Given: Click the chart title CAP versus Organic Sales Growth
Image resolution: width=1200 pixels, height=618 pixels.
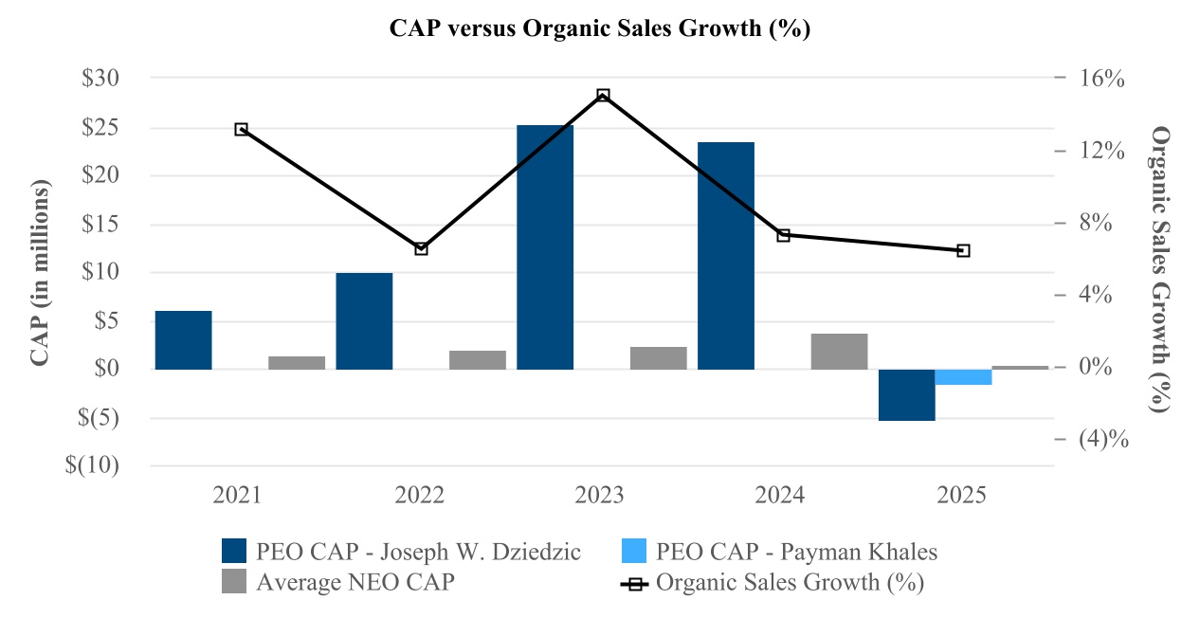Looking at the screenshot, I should pos(600,28).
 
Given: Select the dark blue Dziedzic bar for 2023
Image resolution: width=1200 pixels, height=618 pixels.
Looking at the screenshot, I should pos(545,246).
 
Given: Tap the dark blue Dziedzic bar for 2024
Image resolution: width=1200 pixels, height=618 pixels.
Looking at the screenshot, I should pos(726,255).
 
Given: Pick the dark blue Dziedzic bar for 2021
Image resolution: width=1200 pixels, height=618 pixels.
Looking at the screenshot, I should pos(183,339).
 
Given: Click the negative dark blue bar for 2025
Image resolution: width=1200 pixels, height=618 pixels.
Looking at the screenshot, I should pos(907,394).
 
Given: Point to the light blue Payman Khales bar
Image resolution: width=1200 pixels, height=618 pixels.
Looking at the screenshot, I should pos(963,377).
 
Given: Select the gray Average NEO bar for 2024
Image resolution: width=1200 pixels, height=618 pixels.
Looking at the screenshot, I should pos(840,352).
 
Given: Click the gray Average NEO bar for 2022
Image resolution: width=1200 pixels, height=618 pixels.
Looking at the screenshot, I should pos(478,360).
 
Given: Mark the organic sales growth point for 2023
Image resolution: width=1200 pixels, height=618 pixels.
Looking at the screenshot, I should pos(603,96).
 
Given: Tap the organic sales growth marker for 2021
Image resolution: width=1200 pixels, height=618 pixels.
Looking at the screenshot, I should pos(241,129).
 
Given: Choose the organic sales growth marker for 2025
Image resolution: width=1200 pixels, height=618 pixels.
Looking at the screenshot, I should pos(963,251).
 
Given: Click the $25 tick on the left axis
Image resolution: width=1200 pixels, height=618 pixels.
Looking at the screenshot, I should pos(106,127).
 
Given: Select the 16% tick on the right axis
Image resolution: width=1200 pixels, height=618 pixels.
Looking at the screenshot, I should pos(1101,79).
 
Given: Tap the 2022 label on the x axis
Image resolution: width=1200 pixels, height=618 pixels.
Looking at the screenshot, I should pos(421,496).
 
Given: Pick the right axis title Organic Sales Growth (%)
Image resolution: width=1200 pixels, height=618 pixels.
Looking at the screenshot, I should pos(1158,270).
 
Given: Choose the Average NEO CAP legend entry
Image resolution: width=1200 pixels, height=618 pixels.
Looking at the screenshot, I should pos(337,582).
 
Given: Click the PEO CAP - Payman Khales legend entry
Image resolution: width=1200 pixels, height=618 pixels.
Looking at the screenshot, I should pos(777,551).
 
